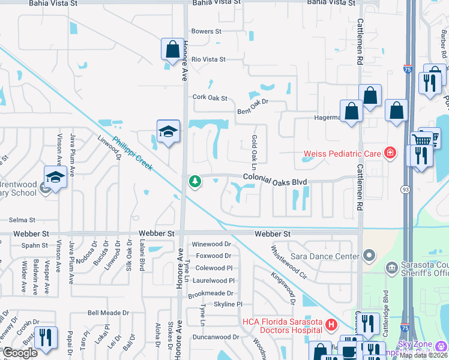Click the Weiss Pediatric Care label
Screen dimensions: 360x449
point(342,154)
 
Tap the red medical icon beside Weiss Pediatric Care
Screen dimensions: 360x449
point(390,154)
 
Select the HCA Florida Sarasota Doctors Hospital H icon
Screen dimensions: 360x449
point(330,326)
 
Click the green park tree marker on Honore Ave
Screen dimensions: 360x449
point(194,181)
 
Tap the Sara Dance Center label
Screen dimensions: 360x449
point(325,256)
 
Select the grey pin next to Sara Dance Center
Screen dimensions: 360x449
point(369,256)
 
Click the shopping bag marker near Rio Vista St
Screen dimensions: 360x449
point(172,49)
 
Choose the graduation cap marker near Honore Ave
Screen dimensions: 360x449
point(169,131)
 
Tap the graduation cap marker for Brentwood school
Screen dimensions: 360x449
point(55,178)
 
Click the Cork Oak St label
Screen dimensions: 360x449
point(209,97)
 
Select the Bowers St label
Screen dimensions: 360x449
point(206,31)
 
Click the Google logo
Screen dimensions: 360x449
point(20,353)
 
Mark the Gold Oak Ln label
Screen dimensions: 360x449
point(254,151)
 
